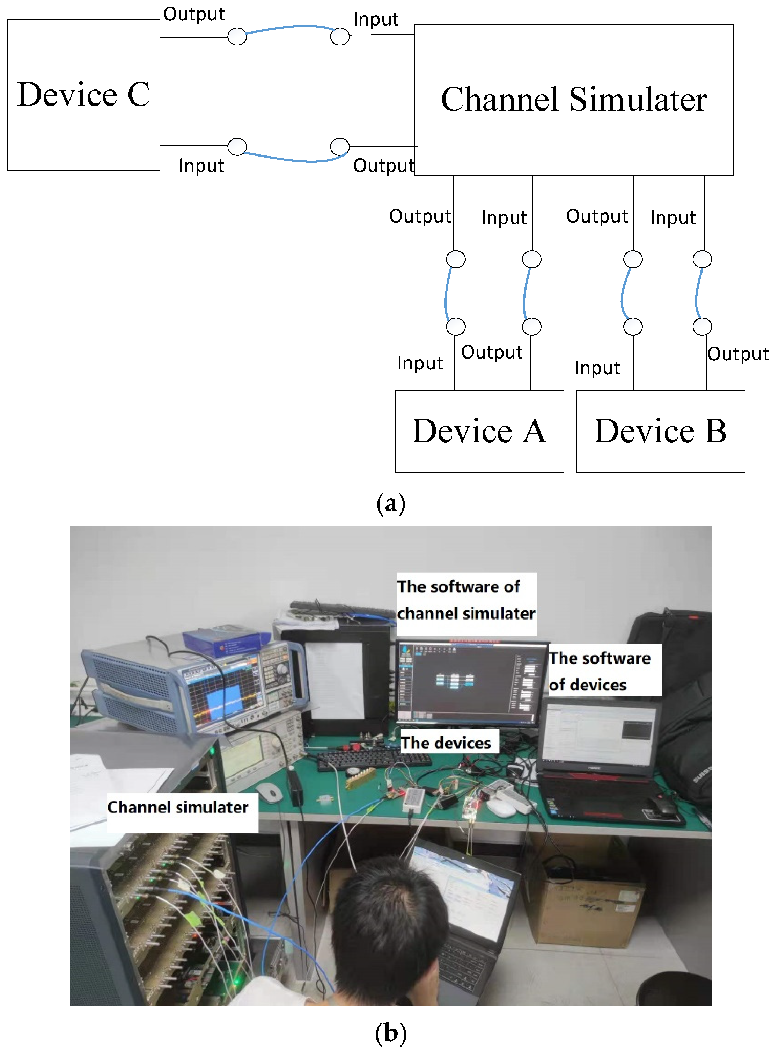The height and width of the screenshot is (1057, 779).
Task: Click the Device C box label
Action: point(83,94)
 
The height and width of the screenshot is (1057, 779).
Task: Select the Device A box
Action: point(479,431)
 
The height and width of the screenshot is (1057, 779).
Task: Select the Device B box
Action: point(660,431)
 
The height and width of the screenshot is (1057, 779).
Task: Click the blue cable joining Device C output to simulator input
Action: point(288,27)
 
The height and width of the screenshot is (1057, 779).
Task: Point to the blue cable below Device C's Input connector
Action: point(292,159)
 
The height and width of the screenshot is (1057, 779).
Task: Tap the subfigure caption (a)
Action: point(390,504)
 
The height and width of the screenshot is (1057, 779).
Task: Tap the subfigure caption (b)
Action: point(390,1033)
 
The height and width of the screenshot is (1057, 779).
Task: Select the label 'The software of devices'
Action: point(600,671)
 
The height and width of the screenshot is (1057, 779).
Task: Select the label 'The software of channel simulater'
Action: point(466,600)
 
